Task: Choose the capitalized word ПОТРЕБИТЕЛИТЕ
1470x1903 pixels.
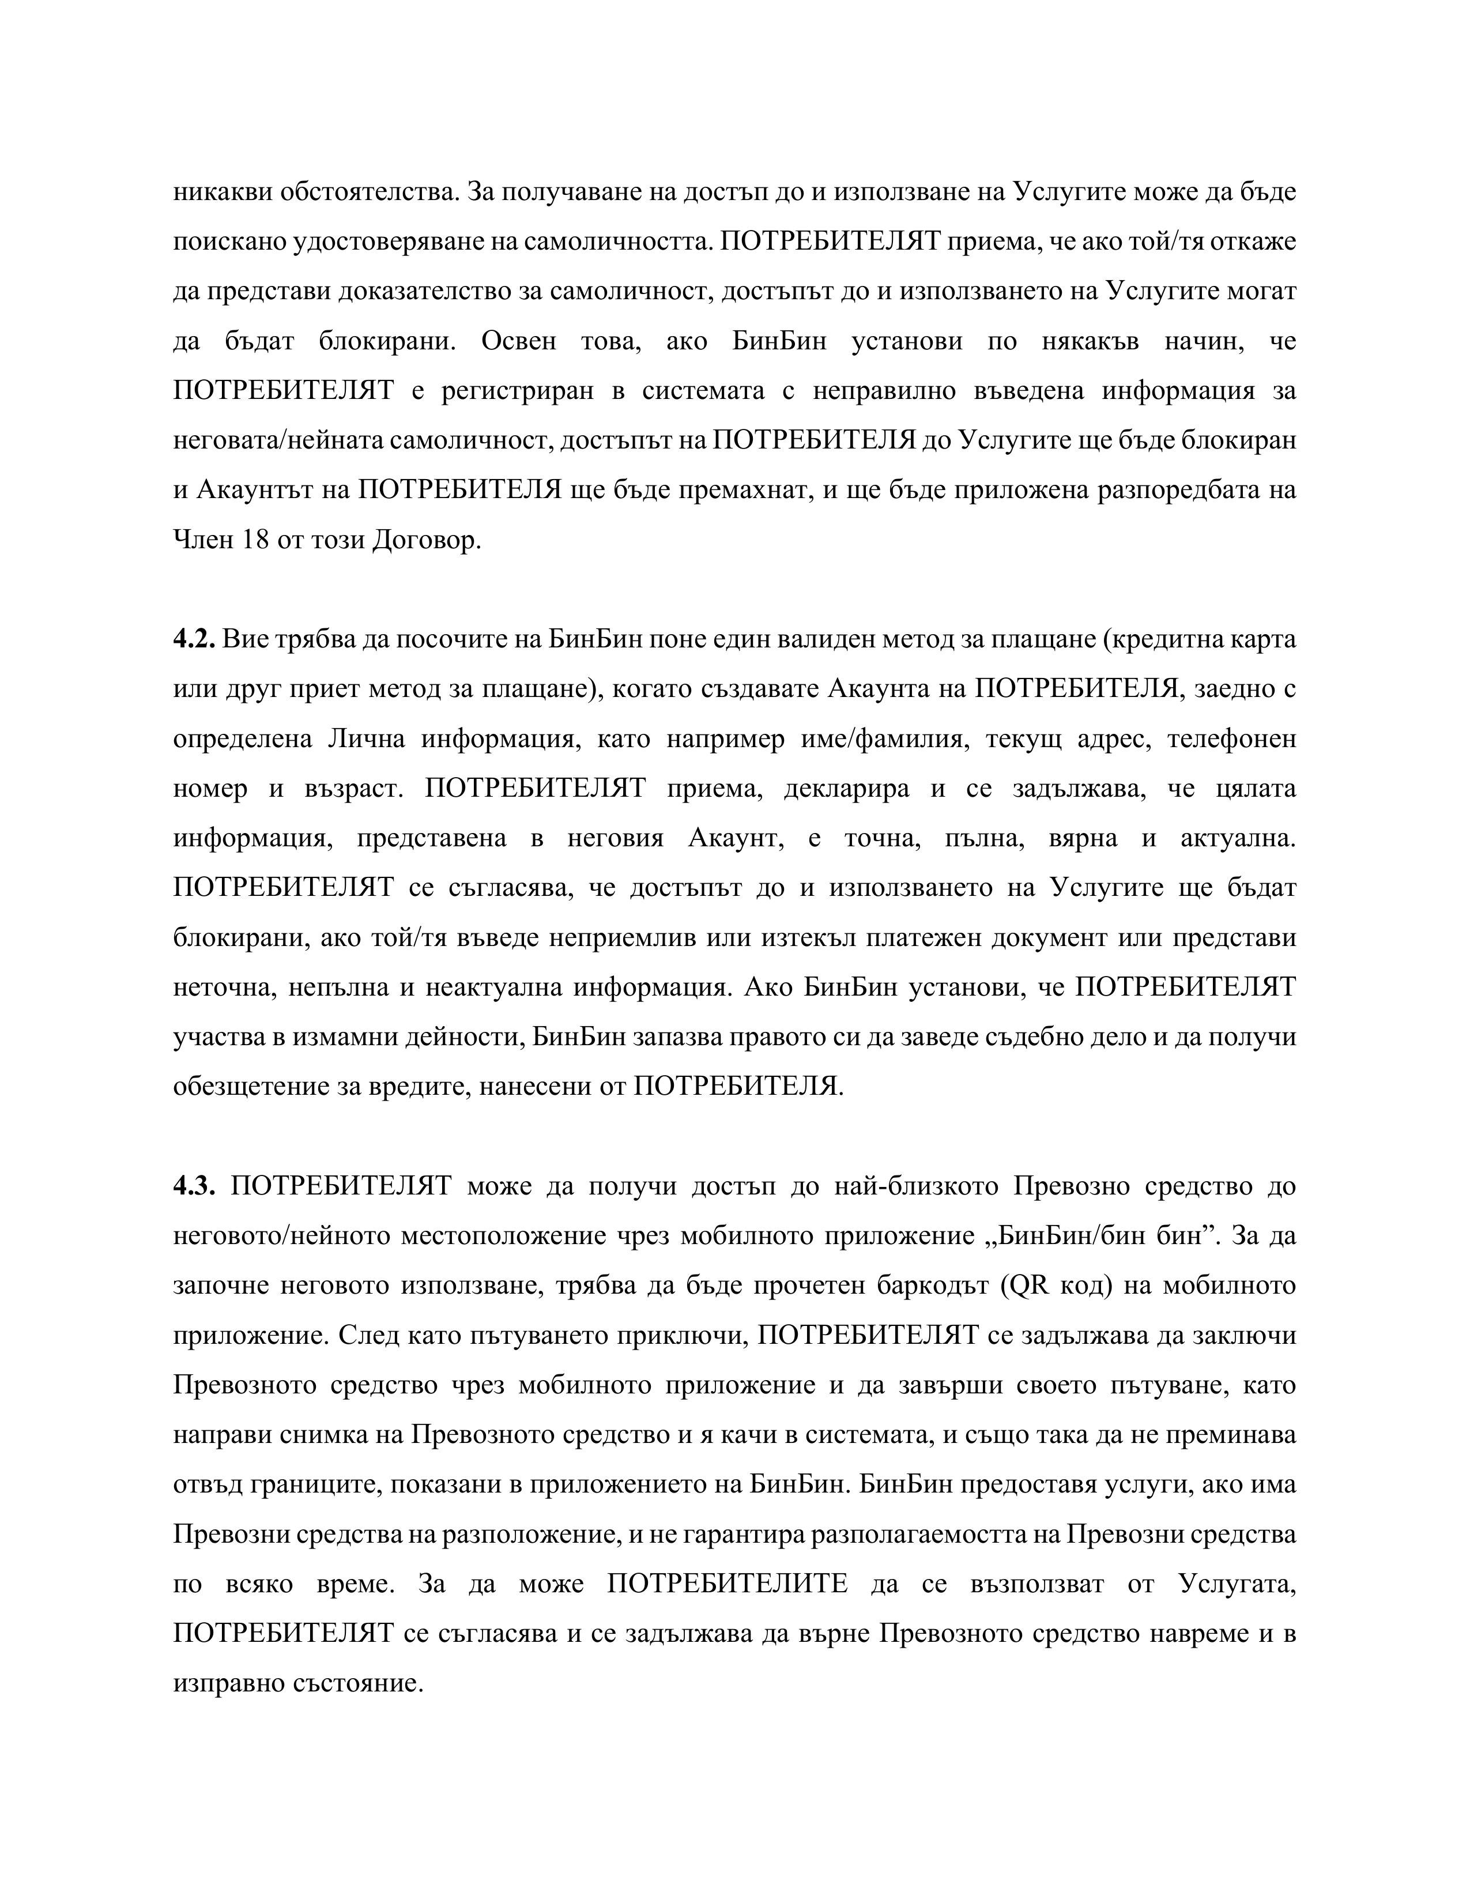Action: tap(727, 1583)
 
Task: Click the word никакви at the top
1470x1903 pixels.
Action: tap(222, 192)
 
